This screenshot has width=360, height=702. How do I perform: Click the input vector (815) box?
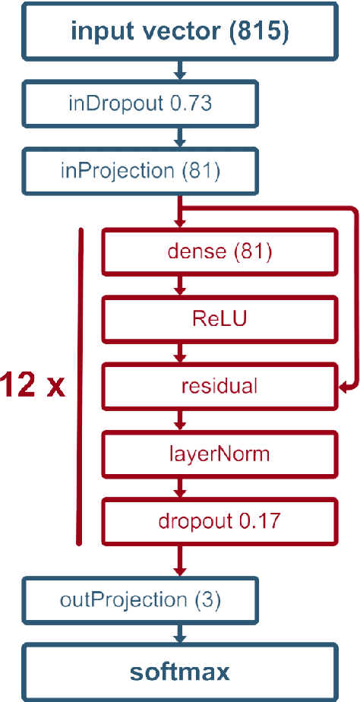(180, 31)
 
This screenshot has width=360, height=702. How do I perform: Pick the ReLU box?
(219, 319)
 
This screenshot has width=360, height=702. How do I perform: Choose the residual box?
(219, 385)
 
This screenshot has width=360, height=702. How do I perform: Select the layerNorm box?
(219, 454)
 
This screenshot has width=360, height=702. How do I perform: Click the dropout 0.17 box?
(219, 522)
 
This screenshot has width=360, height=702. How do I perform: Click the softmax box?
(180, 672)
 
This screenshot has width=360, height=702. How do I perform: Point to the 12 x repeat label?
(33, 385)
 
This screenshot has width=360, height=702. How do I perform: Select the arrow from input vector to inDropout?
(180, 71)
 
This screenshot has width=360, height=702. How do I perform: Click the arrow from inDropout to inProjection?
(180, 138)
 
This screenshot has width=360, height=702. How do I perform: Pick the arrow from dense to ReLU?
(180, 285)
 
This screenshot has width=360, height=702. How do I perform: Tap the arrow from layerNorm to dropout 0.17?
(180, 489)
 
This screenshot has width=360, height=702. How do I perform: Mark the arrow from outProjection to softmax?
(180, 634)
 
